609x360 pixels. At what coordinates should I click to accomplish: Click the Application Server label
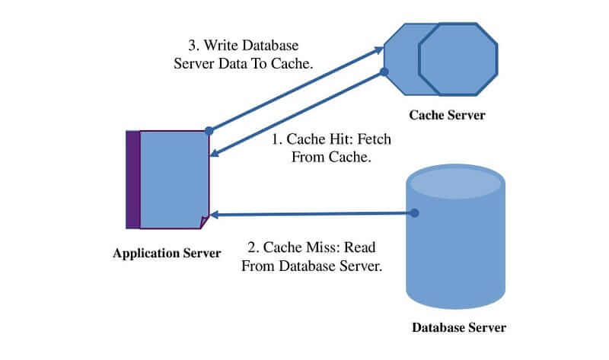pyautogui.click(x=167, y=253)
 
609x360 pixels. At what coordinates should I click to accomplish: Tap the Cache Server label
pyautogui.click(x=447, y=116)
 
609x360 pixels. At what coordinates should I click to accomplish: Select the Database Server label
pyautogui.click(x=459, y=329)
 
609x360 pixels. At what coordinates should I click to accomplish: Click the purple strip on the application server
pyautogui.click(x=132, y=180)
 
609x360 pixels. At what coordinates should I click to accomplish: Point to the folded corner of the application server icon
pyautogui.click(x=204, y=222)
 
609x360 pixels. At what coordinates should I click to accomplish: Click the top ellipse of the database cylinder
pyautogui.click(x=454, y=183)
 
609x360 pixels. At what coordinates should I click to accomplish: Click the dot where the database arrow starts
pyautogui.click(x=415, y=214)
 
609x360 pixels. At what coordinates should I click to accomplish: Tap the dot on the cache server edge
pyautogui.click(x=384, y=72)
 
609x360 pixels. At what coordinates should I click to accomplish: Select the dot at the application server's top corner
pyautogui.click(x=209, y=130)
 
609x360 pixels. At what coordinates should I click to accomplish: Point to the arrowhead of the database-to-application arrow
pyautogui.click(x=215, y=215)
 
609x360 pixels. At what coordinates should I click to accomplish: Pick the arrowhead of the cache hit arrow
pyautogui.click(x=215, y=155)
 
